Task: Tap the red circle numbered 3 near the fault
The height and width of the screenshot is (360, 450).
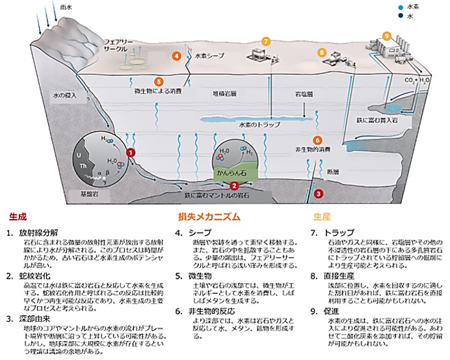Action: (318, 193)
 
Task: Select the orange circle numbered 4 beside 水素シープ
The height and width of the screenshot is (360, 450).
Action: (176, 56)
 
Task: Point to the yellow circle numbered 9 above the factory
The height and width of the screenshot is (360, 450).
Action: (387, 35)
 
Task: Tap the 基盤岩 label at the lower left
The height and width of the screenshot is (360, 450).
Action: (83, 194)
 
